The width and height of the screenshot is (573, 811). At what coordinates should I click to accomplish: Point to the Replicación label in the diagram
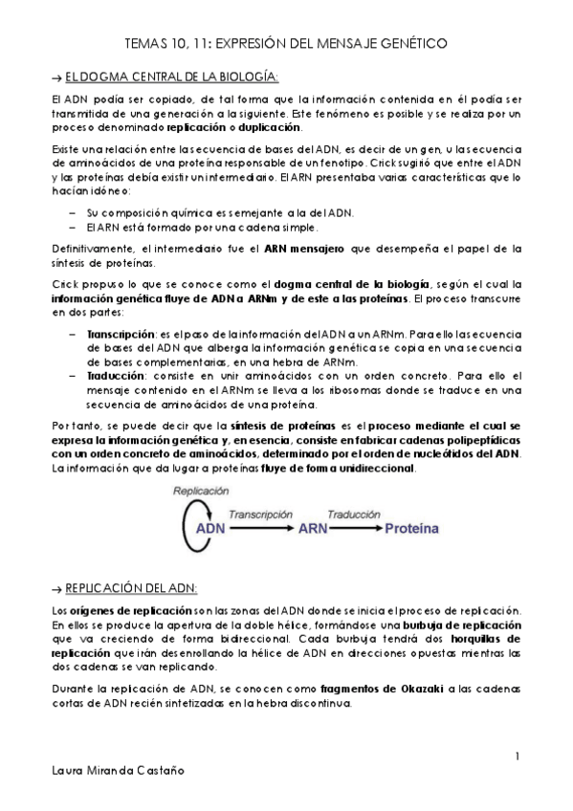click(x=200, y=490)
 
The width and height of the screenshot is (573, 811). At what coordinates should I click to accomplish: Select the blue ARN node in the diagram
click(x=314, y=527)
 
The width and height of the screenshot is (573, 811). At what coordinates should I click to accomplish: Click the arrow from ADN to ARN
click(x=261, y=527)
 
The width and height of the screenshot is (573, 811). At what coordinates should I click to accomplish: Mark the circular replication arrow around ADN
click(x=185, y=524)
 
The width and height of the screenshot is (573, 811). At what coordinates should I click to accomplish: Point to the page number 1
click(x=517, y=756)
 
